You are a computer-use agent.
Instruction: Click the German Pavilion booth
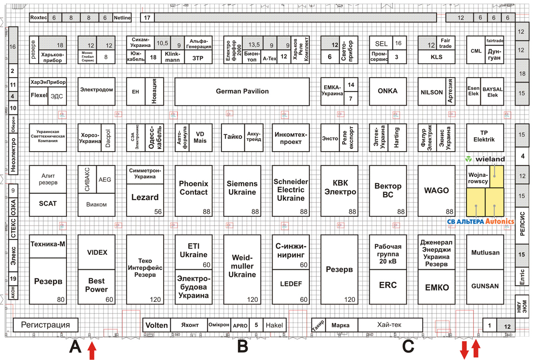coord(242,92)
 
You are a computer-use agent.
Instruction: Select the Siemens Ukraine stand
coord(242,188)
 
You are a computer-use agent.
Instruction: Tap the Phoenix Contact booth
coord(193,188)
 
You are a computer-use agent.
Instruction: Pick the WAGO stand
coord(436,190)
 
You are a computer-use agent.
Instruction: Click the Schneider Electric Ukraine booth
coord(291,190)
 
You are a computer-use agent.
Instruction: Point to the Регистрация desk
coord(46,325)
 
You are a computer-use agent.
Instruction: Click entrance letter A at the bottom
coord(75,347)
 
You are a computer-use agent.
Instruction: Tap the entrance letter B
coord(242,347)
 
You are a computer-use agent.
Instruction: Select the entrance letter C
coord(408,347)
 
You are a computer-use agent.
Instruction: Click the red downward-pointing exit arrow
coord(464,350)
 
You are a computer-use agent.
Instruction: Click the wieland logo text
coord(490,159)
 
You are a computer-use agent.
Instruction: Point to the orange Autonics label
coord(500,221)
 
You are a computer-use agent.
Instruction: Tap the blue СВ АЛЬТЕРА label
coord(465,221)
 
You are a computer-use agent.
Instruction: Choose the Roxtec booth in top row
coord(38,18)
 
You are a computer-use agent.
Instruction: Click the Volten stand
coord(157,325)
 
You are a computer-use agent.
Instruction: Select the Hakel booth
coord(274,325)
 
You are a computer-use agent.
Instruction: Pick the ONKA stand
coord(387,91)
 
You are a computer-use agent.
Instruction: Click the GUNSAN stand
coord(485,286)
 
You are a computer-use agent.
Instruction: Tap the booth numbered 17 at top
coord(147,18)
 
